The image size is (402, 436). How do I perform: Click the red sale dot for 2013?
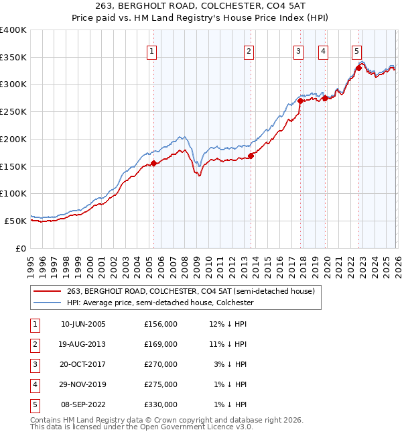click(x=251, y=156)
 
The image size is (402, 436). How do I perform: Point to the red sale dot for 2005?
click(x=154, y=162)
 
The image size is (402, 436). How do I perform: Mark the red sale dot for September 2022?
click(x=358, y=68)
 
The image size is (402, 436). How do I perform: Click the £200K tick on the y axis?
click(x=13, y=139)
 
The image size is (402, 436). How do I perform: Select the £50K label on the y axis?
click(x=15, y=221)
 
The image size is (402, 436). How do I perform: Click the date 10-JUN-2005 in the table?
click(x=83, y=324)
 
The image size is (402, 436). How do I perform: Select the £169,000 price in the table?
click(x=161, y=344)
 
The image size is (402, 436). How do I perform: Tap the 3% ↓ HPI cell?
click(x=232, y=364)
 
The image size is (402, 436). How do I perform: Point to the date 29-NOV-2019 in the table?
click(x=83, y=384)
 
